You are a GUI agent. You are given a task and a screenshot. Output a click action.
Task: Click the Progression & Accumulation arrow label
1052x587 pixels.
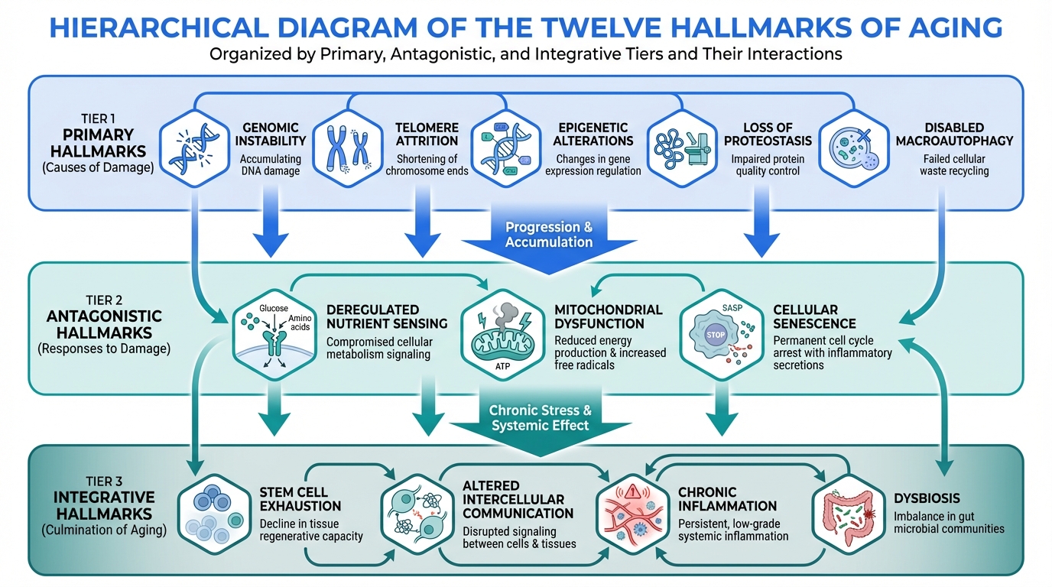(548, 235)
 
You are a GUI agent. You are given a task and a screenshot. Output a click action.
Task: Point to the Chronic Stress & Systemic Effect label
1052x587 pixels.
(540, 418)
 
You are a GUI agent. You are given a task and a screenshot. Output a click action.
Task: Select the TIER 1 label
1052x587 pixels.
(101, 118)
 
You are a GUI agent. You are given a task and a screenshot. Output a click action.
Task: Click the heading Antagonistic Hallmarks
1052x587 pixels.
(103, 325)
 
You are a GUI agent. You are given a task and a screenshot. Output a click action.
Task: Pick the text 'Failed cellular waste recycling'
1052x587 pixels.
(953, 165)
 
